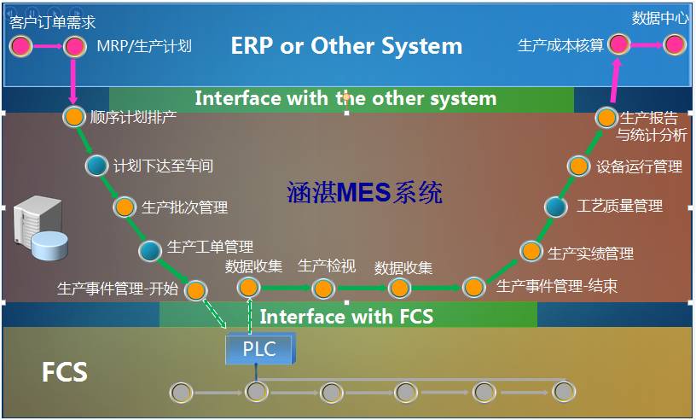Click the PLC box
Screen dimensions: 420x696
coord(259,349)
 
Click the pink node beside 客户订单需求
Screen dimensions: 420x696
coord(20,44)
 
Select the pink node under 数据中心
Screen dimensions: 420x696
coord(675,44)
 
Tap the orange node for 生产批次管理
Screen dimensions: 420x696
coord(125,207)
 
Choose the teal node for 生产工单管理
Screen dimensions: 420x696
coord(151,250)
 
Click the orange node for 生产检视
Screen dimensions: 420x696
coord(323,288)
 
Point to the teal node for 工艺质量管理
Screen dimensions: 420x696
coord(556,206)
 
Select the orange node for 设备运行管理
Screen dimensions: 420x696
coord(578,166)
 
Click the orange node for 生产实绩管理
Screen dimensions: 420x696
coord(531,252)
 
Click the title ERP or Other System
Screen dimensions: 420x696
coord(346,45)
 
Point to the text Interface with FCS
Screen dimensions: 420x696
coord(346,317)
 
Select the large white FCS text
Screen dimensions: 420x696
coord(65,372)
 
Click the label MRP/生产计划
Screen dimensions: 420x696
coord(144,45)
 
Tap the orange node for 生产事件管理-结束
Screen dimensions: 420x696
coord(474,288)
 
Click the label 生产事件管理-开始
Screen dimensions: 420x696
coord(118,288)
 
